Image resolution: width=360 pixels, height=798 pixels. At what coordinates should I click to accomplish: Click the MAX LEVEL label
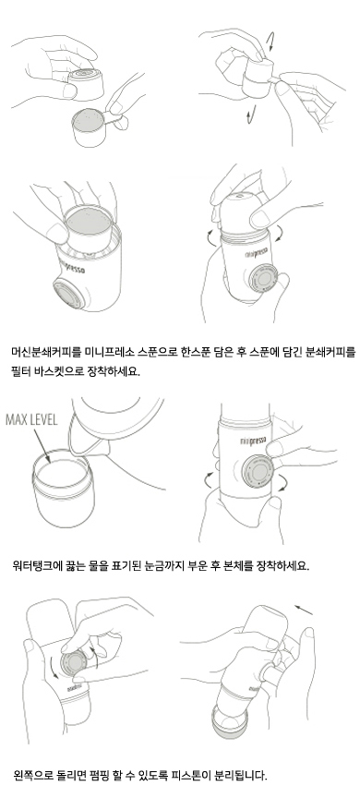[31, 420]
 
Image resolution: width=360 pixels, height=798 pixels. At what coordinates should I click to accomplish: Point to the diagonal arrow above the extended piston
[304, 610]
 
